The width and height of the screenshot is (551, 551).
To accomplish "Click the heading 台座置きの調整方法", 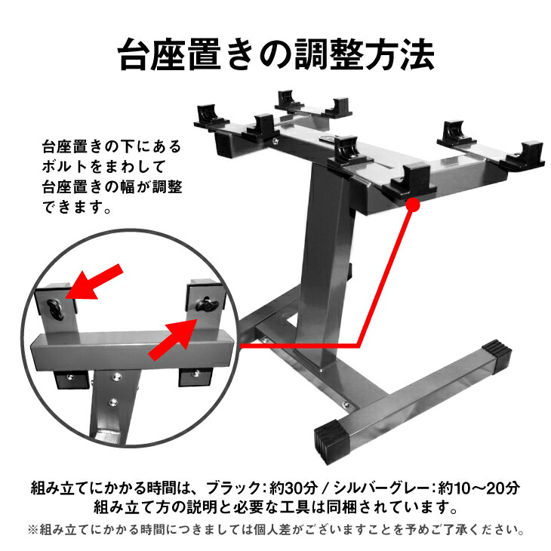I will (275, 54).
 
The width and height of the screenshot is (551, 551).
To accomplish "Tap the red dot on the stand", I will (413, 204).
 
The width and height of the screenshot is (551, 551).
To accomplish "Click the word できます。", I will (77, 206).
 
